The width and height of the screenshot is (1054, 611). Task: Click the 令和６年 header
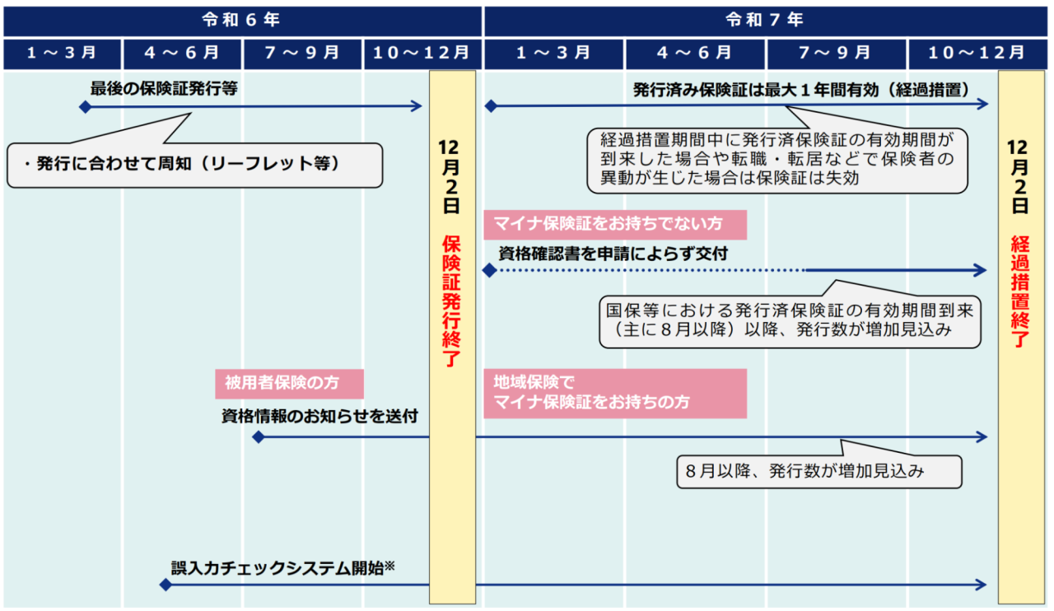(242, 21)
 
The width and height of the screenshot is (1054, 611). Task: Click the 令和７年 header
(766, 21)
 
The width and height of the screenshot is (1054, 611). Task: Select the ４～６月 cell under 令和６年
(182, 54)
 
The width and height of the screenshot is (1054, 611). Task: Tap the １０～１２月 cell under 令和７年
(977, 54)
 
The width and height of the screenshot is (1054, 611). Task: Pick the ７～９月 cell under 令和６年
(302, 54)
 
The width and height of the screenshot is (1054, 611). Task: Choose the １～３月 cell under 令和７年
(554, 54)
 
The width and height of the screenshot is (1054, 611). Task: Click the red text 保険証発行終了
(451, 301)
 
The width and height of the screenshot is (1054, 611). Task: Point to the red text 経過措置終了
(1020, 292)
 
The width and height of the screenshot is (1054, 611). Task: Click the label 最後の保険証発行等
(164, 88)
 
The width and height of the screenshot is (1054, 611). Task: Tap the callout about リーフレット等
(195, 165)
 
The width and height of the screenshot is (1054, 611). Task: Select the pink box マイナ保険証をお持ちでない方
(615, 225)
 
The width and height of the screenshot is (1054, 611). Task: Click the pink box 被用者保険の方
(289, 384)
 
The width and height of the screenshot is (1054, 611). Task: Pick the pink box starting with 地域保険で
(615, 394)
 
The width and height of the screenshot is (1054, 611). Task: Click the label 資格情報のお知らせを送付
(319, 416)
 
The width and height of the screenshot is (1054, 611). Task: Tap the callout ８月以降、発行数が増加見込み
(819, 471)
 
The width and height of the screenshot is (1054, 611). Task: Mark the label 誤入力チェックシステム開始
(282, 568)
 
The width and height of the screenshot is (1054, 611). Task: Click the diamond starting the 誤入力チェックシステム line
(166, 585)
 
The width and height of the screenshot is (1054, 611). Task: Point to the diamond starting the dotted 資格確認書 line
(490, 270)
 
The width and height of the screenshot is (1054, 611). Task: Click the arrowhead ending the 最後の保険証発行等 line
(417, 106)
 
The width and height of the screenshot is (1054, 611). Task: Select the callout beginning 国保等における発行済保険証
(790, 321)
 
